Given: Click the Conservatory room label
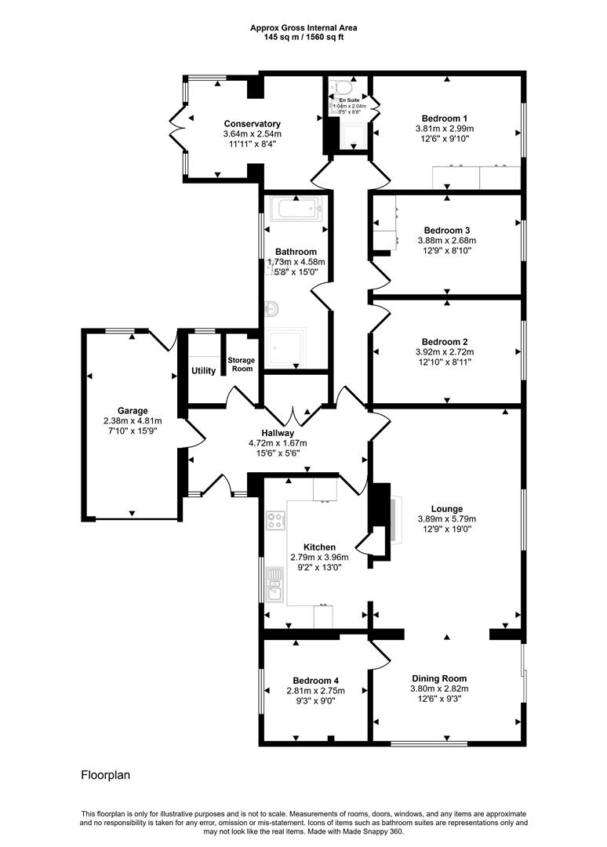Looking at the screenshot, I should coord(252,124).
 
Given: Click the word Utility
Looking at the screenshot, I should coord(203,370).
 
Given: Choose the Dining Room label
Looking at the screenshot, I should coord(439,678).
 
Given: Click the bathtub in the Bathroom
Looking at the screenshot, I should coord(296,209).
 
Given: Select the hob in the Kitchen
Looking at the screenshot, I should coord(275,518).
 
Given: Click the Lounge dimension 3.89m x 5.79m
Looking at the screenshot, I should coord(445,518).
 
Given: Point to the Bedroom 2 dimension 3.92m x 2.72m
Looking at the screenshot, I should coord(445,352).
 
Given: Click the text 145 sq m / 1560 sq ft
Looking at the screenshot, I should coord(303,37).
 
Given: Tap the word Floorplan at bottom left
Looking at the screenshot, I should coord(105,775).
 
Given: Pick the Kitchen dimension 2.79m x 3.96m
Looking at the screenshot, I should coord(319,557).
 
